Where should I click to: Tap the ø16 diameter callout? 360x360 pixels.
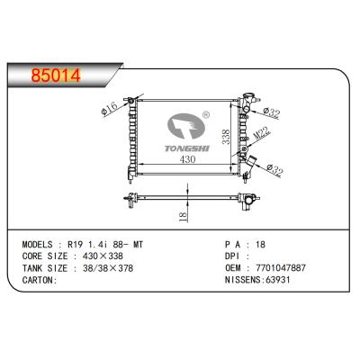[x=112, y=110]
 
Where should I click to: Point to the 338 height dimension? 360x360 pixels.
[x=228, y=137]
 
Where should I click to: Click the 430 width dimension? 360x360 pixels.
[x=187, y=159]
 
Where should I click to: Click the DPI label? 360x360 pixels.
[x=233, y=256]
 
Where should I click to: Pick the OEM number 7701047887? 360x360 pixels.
[x=283, y=267]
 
